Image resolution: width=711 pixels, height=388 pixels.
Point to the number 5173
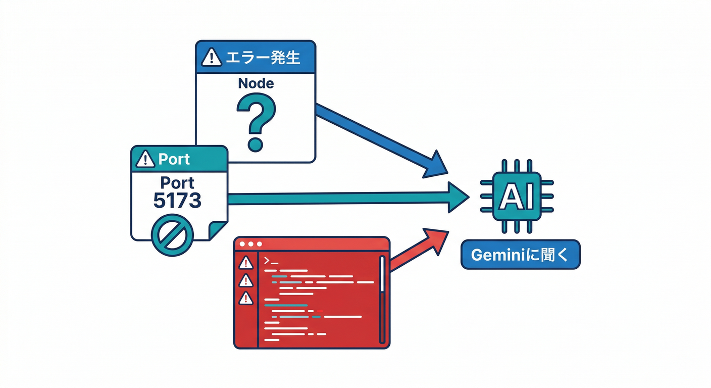pos(177,201)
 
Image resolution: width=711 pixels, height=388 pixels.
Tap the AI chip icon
pos(516,196)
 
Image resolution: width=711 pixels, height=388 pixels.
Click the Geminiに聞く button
pos(520,255)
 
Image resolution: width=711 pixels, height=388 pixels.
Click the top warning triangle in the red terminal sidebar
pos(246,263)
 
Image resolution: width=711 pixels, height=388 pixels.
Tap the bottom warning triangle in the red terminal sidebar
pos(246,298)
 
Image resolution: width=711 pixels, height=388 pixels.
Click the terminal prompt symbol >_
pos(271,261)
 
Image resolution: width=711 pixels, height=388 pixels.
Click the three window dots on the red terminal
pos(249,244)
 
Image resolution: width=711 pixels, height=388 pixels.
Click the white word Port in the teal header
pos(174,159)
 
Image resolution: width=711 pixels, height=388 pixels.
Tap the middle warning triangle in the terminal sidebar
pos(246,280)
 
